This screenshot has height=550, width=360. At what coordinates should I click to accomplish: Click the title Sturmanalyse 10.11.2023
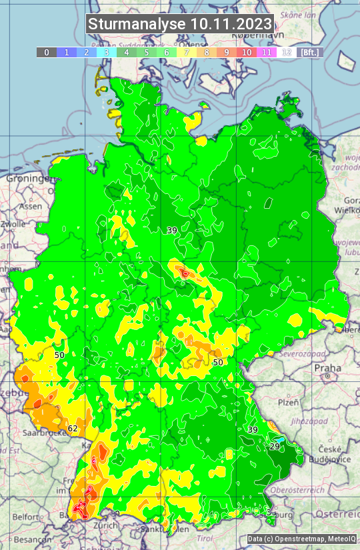[180, 25]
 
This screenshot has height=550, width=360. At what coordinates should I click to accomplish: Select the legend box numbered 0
[46, 52]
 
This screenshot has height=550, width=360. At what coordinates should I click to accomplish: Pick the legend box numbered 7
[187, 52]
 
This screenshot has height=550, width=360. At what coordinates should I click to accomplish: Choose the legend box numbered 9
[227, 52]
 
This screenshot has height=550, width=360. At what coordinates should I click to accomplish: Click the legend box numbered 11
[267, 52]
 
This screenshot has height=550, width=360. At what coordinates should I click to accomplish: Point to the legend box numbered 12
[287, 52]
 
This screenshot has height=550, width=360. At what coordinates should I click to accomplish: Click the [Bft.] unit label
[310, 52]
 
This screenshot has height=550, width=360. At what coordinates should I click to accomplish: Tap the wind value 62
[73, 428]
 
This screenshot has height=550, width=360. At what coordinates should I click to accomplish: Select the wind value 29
[275, 446]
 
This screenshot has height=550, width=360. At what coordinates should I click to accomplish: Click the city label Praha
[327, 368]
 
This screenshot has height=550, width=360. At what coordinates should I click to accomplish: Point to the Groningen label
[29, 179]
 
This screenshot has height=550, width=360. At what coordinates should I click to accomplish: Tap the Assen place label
[31, 207]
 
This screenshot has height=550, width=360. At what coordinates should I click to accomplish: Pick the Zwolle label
[13, 225]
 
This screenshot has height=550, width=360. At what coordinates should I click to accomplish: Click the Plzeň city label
[288, 403]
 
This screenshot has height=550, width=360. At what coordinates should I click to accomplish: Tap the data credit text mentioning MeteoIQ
[301, 539]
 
